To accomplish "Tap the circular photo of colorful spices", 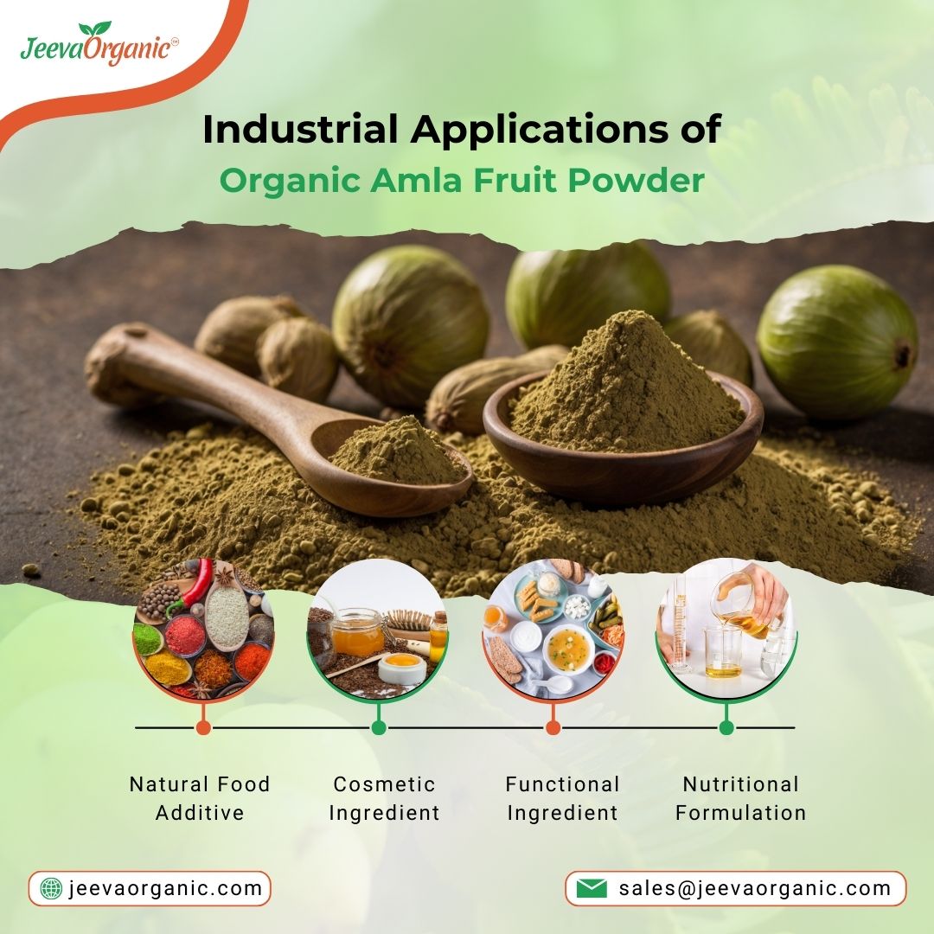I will click(x=203, y=630).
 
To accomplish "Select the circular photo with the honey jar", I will click(x=378, y=630).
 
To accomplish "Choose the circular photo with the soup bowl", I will click(x=553, y=630).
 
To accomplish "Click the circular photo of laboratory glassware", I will click(x=726, y=627).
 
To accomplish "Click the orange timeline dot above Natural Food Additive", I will click(x=203, y=727).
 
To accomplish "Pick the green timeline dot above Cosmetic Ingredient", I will click(x=378, y=727).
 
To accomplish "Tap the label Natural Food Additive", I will click(x=200, y=798).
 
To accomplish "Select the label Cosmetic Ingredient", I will click(x=384, y=798).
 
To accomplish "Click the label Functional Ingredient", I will click(x=562, y=798).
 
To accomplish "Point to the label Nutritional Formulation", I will click(x=740, y=798).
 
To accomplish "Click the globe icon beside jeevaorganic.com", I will click(x=52, y=888).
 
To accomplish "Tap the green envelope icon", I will click(x=592, y=888).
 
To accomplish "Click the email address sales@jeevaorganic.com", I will click(x=754, y=888).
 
